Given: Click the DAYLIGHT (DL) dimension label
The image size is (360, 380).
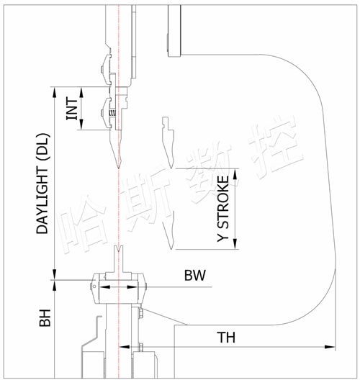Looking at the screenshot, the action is [x=43, y=184].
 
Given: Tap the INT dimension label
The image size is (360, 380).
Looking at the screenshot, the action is [x=72, y=109].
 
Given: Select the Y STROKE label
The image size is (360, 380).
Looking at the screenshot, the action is [x=222, y=209].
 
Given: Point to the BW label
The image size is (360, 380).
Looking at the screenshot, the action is [x=195, y=276].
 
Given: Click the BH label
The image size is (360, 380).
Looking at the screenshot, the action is [x=45, y=317].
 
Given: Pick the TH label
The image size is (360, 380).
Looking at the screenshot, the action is [x=226, y=338].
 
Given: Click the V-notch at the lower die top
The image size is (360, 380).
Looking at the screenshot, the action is [x=119, y=248].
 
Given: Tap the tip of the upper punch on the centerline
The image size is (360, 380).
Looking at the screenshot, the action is [x=119, y=168].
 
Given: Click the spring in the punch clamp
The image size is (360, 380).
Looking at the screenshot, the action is [x=114, y=113].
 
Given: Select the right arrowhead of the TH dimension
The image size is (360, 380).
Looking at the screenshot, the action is [x=330, y=347].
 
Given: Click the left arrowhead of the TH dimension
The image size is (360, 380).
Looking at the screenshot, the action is [x=125, y=347].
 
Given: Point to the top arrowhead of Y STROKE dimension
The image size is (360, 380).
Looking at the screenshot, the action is [x=235, y=173].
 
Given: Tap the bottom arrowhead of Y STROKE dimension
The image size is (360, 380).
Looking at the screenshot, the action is [x=235, y=243].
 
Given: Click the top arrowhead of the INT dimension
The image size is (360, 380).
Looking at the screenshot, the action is [x=81, y=92].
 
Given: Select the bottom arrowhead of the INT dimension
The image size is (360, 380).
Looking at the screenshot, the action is [x=81, y=125].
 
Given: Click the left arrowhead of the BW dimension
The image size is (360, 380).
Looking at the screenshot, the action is [x=105, y=287].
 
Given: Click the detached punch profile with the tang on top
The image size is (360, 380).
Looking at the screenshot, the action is [x=168, y=142].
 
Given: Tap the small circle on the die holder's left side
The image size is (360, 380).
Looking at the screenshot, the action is [x=94, y=286].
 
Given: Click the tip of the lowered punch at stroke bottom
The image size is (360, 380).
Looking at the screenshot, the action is [x=171, y=248].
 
